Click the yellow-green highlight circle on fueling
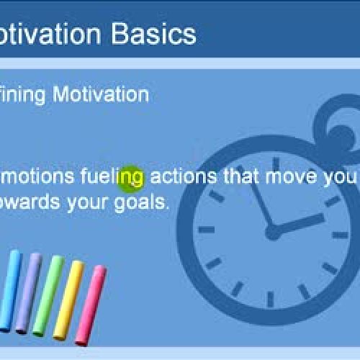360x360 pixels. coord(131,178)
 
